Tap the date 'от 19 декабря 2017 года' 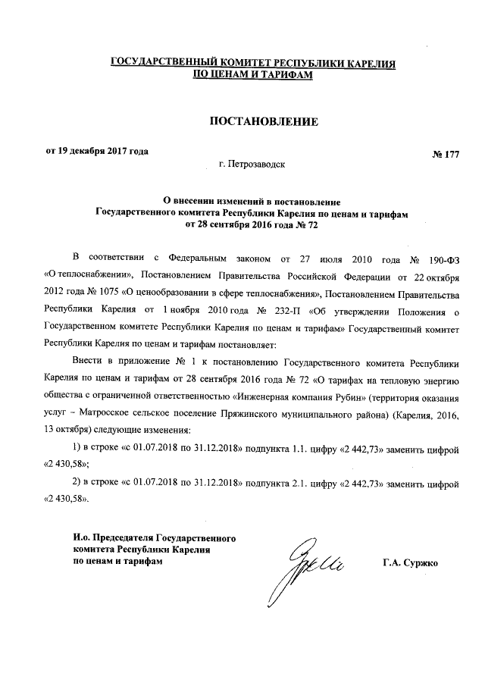(x=97, y=150)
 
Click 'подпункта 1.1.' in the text (x=280, y=449)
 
